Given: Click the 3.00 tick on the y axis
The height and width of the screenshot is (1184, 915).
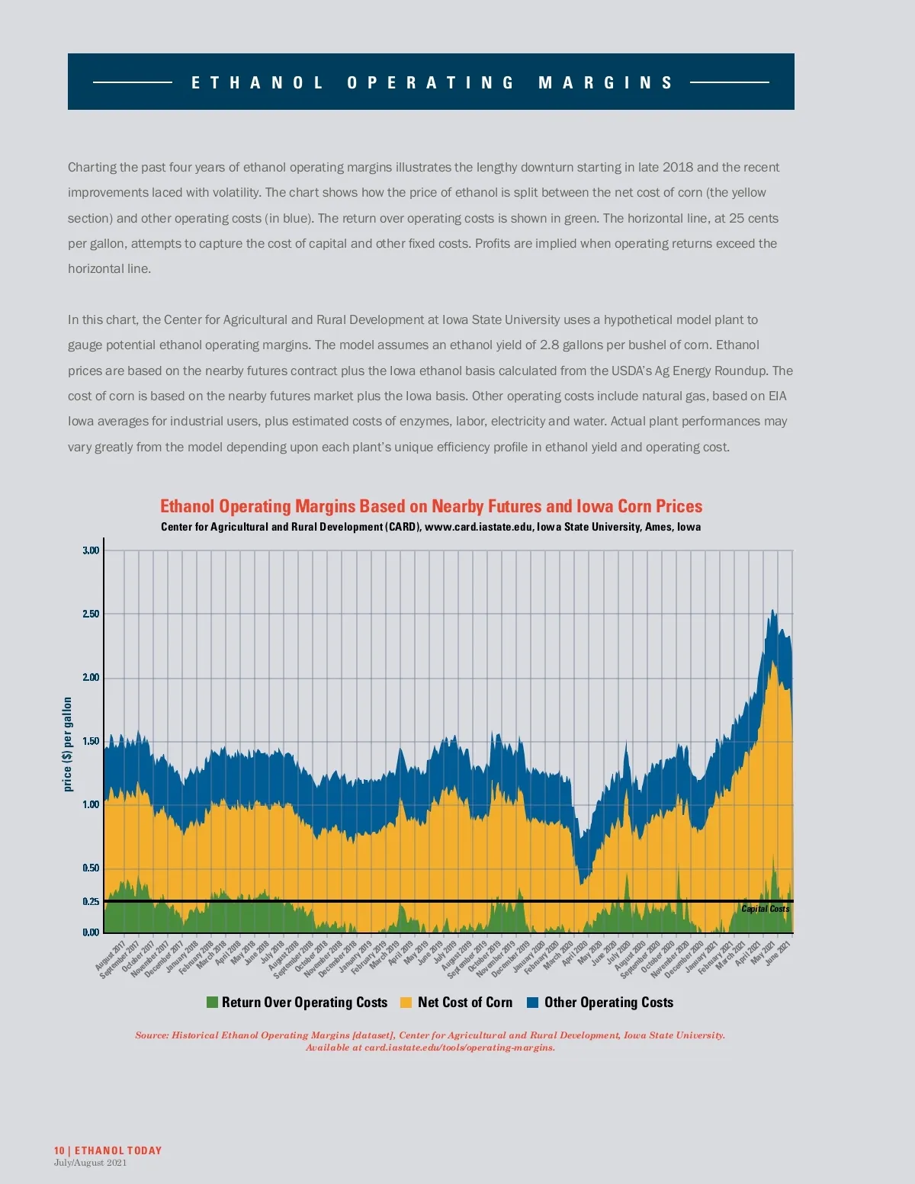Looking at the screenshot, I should [x=91, y=550].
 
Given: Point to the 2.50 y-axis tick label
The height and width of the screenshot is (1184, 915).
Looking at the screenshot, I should [x=91, y=614].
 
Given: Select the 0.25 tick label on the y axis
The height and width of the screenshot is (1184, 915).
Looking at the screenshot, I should [x=91, y=901].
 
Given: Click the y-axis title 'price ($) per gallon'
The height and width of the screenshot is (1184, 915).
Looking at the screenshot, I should [x=67, y=744].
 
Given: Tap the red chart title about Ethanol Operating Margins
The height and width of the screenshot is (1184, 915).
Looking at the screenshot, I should [x=431, y=506].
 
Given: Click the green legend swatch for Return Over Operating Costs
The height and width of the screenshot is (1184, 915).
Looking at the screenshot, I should [x=212, y=1003].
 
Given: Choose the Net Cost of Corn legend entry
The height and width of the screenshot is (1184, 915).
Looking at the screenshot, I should [x=464, y=1003].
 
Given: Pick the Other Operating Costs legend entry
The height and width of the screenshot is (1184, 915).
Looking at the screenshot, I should [x=608, y=1003].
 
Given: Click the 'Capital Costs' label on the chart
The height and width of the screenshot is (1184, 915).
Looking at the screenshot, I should [x=765, y=909].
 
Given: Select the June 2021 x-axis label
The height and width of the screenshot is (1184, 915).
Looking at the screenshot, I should [x=779, y=952].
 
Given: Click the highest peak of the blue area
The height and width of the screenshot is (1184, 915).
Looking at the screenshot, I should [x=773, y=611].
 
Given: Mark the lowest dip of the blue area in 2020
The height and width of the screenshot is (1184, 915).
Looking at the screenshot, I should [x=581, y=884].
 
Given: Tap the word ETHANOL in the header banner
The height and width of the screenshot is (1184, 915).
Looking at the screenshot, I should [x=257, y=82].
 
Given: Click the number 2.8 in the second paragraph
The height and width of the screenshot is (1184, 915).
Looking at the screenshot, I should [x=549, y=345].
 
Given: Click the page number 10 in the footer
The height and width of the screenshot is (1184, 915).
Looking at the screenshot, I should [x=59, y=1150].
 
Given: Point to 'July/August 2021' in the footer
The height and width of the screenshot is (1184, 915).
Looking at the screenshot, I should [x=90, y=1163].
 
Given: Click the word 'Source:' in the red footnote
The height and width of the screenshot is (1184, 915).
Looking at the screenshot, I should [x=152, y=1035].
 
